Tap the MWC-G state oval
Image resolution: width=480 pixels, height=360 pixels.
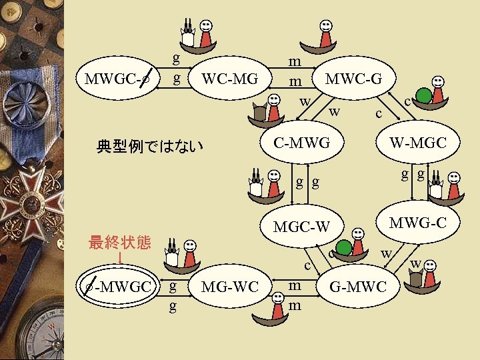tap(353, 79)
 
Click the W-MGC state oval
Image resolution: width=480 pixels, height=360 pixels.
tap(417, 143)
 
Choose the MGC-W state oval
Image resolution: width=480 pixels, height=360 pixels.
tap(301, 227)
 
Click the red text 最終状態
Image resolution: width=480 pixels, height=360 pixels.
tap(120, 242)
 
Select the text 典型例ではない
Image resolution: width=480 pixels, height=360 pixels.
tap(149, 145)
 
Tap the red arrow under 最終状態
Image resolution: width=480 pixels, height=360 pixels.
tap(120, 257)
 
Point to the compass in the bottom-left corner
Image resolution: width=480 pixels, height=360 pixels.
tap(40, 333)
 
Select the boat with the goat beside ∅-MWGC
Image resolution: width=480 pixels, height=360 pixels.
tap(182, 253)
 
